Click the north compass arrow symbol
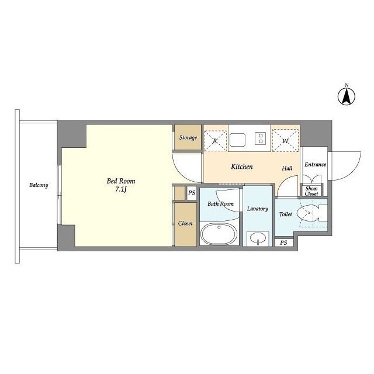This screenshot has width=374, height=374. point(347,96)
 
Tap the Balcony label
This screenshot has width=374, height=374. point(39,185)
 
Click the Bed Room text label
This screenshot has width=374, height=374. point(121,181)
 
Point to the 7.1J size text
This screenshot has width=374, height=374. point(121,189)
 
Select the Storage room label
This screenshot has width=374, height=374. point(188,138)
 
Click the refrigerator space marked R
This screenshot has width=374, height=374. point(215,141)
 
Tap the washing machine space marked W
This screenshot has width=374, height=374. point(285,140)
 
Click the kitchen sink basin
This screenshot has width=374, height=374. point(238,140)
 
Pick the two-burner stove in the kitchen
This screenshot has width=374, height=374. point(261,138)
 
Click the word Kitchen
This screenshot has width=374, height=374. point(242,167)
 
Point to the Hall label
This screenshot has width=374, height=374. point(287,168)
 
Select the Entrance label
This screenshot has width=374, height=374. point(316,165)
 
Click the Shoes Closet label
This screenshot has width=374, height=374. point(311,191)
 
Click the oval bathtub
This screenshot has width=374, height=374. point(219,234)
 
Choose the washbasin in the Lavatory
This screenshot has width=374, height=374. point(258,238)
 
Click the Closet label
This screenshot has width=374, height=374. point(185,223)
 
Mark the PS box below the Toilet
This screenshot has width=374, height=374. point(283,243)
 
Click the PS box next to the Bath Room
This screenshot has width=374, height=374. point(192,193)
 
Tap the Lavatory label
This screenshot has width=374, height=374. point(258,209)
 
